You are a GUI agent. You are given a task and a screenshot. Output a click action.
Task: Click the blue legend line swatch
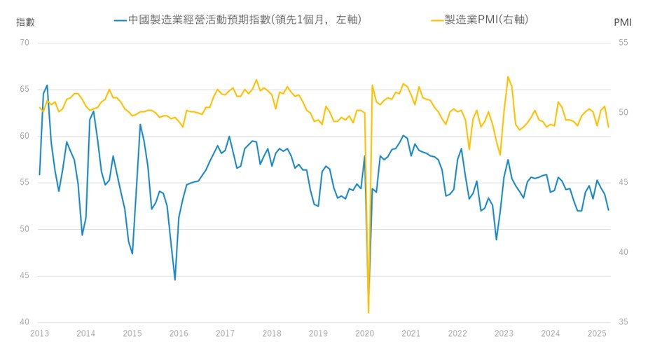coord(120,20)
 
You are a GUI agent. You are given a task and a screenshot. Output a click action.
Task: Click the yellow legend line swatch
coord(438,20)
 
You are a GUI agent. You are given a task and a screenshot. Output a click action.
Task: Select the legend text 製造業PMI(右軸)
coord(485,20)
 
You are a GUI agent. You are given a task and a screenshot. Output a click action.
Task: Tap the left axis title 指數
coord(26,22)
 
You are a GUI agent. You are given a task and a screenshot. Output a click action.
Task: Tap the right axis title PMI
coord(622,22)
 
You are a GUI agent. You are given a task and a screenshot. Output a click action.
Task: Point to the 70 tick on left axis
coord(25,43)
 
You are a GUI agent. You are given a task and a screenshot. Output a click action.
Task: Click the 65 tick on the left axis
coord(25,90)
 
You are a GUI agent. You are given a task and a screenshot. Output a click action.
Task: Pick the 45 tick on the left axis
coord(25,276)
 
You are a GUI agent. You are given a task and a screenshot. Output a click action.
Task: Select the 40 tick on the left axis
coord(25,322)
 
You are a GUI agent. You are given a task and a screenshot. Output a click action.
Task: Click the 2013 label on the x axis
coord(39,334)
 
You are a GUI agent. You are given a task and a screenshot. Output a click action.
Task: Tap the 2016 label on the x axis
coord(179,334)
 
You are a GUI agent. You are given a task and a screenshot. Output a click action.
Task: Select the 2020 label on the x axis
coord(364,334)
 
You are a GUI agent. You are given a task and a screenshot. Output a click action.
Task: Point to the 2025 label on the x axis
coord(597,334)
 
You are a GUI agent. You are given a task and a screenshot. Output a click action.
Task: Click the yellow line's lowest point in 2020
coord(368,312)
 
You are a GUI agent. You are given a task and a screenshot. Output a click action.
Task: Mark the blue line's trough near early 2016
coord(174,279)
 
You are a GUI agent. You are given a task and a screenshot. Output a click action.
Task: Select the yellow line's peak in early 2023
coord(508,76)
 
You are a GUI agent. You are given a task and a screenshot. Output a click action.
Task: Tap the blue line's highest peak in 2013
coord(47,85)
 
